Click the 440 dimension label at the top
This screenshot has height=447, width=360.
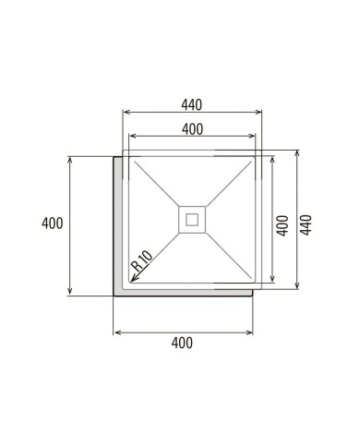pyautogui.click(x=191, y=105)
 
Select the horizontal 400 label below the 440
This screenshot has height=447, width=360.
pyautogui.click(x=192, y=129)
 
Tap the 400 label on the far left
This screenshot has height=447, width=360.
pyautogui.click(x=53, y=223)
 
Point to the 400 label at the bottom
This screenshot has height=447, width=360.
pyautogui.click(x=182, y=343)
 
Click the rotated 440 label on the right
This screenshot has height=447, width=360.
pyautogui.click(x=306, y=225)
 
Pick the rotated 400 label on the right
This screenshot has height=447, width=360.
pyautogui.click(x=282, y=225)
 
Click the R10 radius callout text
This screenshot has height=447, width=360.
pyautogui.click(x=141, y=260)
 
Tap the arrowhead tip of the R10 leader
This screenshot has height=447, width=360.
pyautogui.click(x=131, y=282)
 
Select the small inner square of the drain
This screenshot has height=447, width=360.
pyautogui.click(x=192, y=220)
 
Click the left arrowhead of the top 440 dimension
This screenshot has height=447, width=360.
pyautogui.click(x=124, y=112)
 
